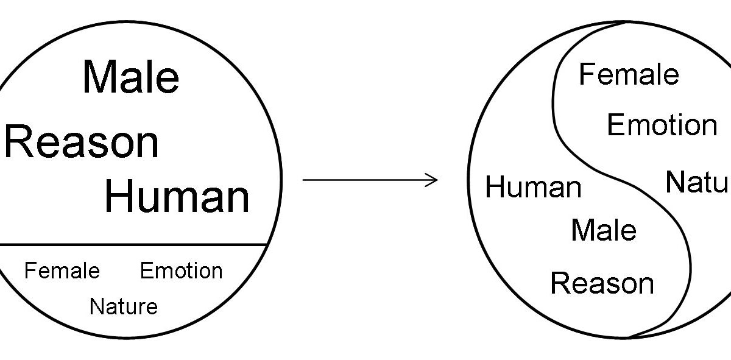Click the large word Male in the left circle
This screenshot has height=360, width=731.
[x=131, y=77]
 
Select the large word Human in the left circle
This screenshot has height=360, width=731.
[x=177, y=196]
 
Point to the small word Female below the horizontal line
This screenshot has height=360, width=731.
[x=62, y=270]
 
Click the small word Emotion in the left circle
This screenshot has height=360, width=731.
[x=181, y=270]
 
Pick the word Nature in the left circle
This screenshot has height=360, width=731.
[x=123, y=306]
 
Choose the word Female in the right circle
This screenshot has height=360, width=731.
[x=629, y=75]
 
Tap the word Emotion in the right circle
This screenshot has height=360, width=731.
[x=662, y=125]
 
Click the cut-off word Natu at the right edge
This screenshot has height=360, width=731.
[x=697, y=182]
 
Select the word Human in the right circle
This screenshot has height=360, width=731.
[x=534, y=187]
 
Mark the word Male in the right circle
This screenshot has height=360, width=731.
[x=604, y=230]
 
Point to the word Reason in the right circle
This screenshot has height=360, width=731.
[x=602, y=283]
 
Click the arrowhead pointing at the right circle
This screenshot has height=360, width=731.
[x=433, y=179]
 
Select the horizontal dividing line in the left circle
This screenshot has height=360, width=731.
[x=134, y=244]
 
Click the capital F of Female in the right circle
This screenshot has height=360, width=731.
[x=586, y=75]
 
